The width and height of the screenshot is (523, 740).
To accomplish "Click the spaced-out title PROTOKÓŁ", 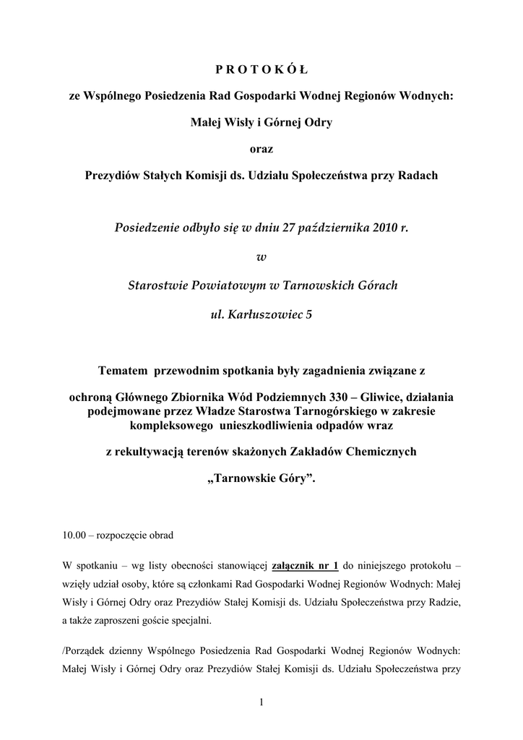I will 261,69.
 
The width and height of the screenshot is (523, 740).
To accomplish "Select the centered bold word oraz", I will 261,149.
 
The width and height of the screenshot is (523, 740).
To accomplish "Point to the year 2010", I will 386,228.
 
